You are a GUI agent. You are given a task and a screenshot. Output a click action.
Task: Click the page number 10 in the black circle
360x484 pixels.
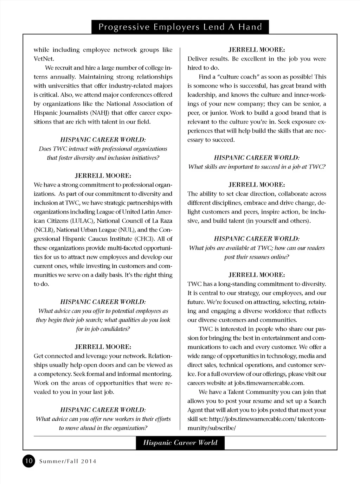pos(28,461)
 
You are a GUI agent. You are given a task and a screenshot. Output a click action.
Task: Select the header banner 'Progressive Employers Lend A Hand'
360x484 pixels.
pos(180,27)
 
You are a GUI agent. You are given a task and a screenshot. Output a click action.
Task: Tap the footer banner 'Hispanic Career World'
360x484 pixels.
pos(180,443)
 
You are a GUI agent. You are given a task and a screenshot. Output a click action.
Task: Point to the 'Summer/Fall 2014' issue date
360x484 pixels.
pos(67,461)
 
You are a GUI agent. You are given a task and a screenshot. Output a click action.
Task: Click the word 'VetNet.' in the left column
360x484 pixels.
pos(44,59)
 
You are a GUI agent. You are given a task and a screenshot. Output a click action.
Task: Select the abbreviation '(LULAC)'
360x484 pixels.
pos(82,221)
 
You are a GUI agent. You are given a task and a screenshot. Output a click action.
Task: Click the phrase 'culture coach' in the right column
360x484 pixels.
pos(233,77)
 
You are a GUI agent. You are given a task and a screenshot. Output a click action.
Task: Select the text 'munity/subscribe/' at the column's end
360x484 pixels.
pos(211,428)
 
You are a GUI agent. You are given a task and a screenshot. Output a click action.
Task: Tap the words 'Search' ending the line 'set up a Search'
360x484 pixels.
pos(317,401)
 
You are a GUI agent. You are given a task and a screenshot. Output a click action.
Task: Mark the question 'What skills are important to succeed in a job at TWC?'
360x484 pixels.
pos(257,167)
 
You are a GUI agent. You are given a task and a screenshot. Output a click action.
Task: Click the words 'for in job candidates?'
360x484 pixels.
pos(103,329)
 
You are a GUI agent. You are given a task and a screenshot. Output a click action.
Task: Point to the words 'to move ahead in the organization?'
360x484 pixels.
pos(103,428)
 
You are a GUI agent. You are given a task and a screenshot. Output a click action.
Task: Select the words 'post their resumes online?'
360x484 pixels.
pos(257,257)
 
